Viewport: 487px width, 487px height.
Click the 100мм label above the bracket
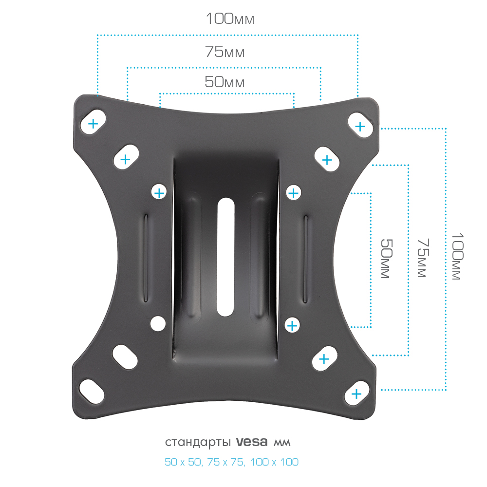tap(230, 19)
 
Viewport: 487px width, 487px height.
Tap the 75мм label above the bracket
tap(225, 52)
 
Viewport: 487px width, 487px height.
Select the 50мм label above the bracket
tap(225, 82)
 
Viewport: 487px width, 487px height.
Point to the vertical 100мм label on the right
tap(457, 256)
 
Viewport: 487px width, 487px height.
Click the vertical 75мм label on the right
tap(423, 258)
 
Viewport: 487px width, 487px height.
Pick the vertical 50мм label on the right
tap(387, 259)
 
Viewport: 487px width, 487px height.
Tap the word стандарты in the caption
tap(198, 442)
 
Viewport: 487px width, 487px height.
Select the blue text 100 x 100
tap(274, 462)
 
